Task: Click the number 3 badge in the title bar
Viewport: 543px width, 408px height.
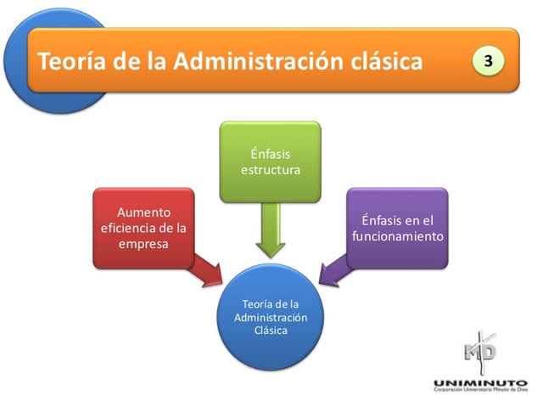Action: (489, 61)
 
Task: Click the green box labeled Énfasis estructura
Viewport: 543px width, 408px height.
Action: (270, 161)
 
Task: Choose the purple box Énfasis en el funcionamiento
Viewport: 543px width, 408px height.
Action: (397, 228)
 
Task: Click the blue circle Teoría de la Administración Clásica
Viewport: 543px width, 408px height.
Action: (270, 316)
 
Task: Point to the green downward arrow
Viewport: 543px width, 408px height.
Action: (271, 228)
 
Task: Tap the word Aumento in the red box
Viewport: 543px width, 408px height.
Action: (144, 212)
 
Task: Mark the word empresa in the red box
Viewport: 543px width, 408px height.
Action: (144, 244)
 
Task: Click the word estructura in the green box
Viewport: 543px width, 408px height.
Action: (270, 170)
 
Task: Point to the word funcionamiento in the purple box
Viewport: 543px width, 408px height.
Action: (397, 236)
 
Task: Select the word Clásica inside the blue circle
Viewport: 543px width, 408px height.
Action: (271, 330)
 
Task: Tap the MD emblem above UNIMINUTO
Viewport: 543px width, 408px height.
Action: (480, 349)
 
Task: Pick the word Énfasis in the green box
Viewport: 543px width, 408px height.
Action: (270, 154)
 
